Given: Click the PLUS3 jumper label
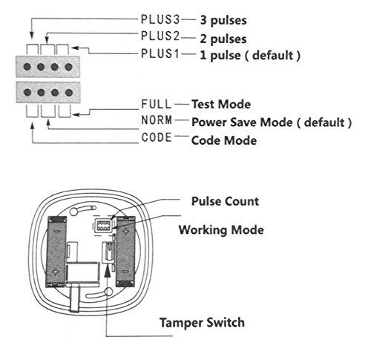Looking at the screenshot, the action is tap(160, 19).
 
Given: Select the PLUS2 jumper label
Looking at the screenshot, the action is tap(160, 36).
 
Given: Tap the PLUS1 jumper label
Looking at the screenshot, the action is tap(160, 54).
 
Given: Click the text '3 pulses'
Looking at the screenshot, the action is tap(223, 20).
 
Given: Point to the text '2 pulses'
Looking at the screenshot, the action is tap(223, 39).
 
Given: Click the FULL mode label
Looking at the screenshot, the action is tap(157, 104).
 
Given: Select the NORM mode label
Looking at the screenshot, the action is tap(157, 120).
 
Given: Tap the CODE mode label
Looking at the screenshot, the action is tap(157, 137).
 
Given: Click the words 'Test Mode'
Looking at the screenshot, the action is tap(221, 104).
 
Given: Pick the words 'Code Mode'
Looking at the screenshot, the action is tap(224, 140).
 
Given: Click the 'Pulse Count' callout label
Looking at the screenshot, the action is tap(225, 201).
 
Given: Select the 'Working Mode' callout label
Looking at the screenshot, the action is tap(221, 230).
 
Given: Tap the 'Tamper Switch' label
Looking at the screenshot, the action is tap(202, 323).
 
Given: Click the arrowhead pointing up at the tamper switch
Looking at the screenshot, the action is tap(107, 270).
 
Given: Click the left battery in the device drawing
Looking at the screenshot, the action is tap(56, 252).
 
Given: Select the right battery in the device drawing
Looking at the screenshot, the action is tap(125, 252).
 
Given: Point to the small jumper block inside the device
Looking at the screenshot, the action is tap(104, 226).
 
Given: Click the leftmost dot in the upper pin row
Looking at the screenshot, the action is tap(27, 67).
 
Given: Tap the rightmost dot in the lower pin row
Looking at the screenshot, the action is tap(69, 93).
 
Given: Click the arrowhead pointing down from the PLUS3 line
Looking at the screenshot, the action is tap(31, 35).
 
